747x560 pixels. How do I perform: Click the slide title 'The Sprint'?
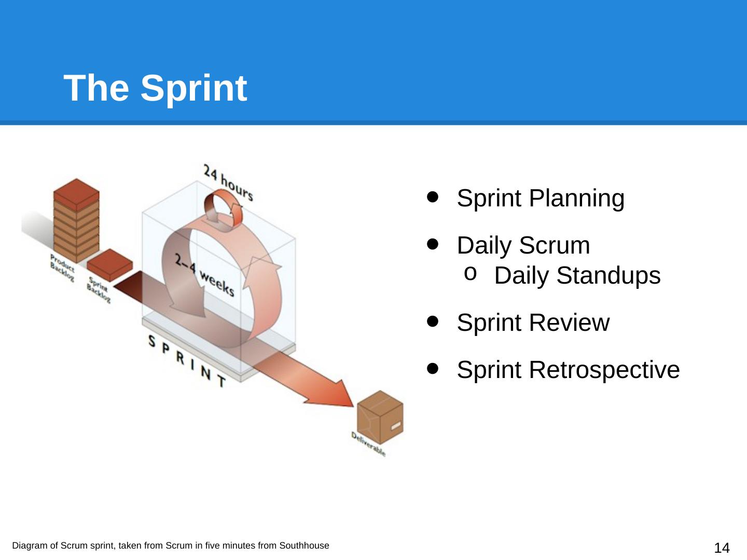156,88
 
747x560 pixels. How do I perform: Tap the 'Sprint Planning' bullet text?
540,199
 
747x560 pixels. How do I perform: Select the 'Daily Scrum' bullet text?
523,246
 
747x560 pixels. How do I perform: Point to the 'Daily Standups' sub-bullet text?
577,276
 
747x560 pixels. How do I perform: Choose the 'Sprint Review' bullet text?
533,323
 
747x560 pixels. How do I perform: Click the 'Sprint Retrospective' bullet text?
568,370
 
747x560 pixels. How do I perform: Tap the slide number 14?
722,548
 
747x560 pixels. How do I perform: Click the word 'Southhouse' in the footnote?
304,545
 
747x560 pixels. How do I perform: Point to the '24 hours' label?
228,182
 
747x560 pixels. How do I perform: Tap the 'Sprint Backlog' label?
99,290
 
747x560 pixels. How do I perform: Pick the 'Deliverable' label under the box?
368,444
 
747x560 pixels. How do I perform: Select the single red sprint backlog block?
109,262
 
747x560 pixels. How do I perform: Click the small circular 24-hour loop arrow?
223,209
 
